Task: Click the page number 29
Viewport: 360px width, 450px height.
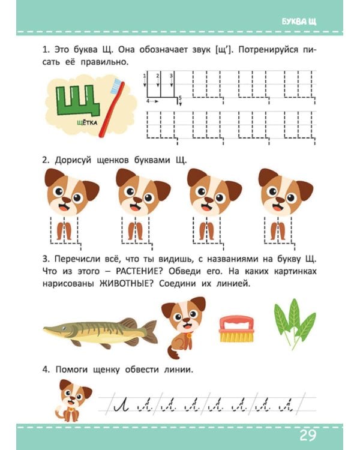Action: (308, 435)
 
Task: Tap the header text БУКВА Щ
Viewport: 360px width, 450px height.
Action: (299, 22)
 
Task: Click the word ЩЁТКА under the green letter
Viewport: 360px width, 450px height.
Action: (87, 123)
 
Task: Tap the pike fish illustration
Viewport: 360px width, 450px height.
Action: (100, 332)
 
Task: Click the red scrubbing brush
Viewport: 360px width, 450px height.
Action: (236, 329)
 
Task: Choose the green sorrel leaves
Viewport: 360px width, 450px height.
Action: (295, 323)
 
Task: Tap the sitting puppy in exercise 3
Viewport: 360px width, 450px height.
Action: (184, 327)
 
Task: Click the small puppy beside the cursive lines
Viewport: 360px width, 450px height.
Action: (74, 401)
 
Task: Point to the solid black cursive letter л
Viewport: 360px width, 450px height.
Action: (121, 405)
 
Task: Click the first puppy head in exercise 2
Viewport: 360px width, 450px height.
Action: (72, 192)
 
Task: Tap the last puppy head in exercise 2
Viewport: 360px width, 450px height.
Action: (286, 192)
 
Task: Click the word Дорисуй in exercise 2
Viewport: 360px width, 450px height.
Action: (73, 160)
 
